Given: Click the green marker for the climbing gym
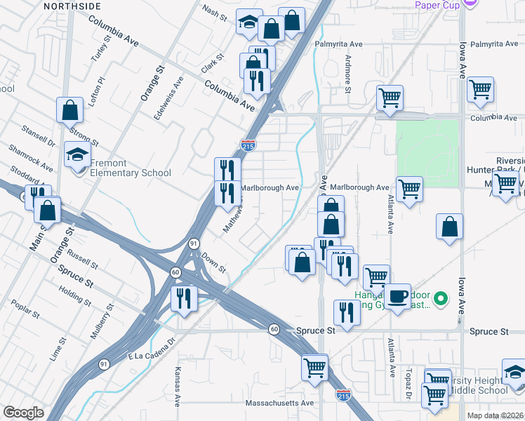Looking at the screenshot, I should pos(441,299).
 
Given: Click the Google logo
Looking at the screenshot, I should pos(24,413).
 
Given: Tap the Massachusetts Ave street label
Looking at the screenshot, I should pos(279,403).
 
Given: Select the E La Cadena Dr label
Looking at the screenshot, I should pos(150,356).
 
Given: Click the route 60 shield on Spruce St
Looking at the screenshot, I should pos(274,330).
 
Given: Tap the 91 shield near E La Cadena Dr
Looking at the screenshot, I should pos(105,364).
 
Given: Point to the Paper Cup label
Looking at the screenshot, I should pos(437,6).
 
